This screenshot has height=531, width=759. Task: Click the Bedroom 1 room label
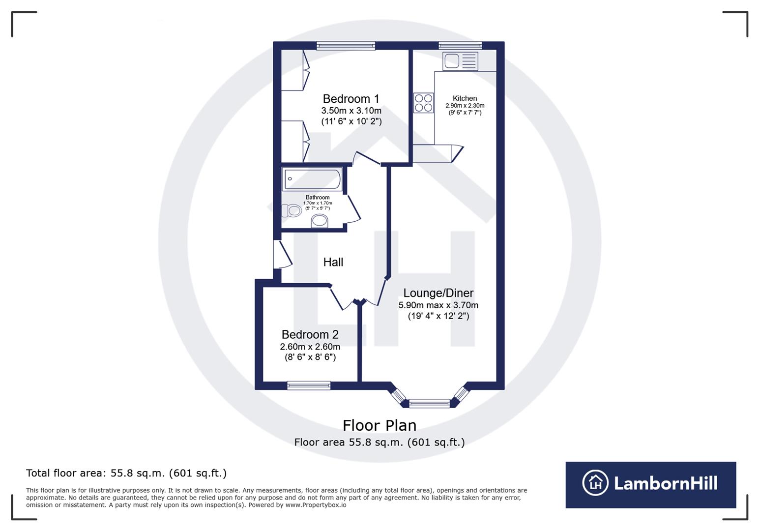(x=350, y=99)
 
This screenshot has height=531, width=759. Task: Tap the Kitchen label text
(x=465, y=98)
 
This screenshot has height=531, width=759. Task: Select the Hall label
(x=333, y=262)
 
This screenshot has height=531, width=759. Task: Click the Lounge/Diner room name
(x=438, y=293)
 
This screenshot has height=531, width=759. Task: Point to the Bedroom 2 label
(x=310, y=334)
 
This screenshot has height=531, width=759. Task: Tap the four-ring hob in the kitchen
(x=424, y=103)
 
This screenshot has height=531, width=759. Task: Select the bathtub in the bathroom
(x=312, y=178)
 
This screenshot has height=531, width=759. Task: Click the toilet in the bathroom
(x=292, y=210)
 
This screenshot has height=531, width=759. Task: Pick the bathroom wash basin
(x=320, y=221)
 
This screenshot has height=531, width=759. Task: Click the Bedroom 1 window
(x=346, y=46)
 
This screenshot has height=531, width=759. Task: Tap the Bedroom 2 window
(x=309, y=385)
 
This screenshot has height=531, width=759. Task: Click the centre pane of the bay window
(x=429, y=403)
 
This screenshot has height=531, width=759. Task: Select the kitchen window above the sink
(x=460, y=45)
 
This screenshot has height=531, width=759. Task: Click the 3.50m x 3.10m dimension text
(x=351, y=111)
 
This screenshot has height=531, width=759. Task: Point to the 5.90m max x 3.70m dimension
(x=438, y=305)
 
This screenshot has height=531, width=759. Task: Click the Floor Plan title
(x=379, y=426)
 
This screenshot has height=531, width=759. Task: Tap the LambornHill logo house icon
(x=595, y=482)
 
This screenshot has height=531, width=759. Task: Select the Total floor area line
(x=126, y=473)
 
